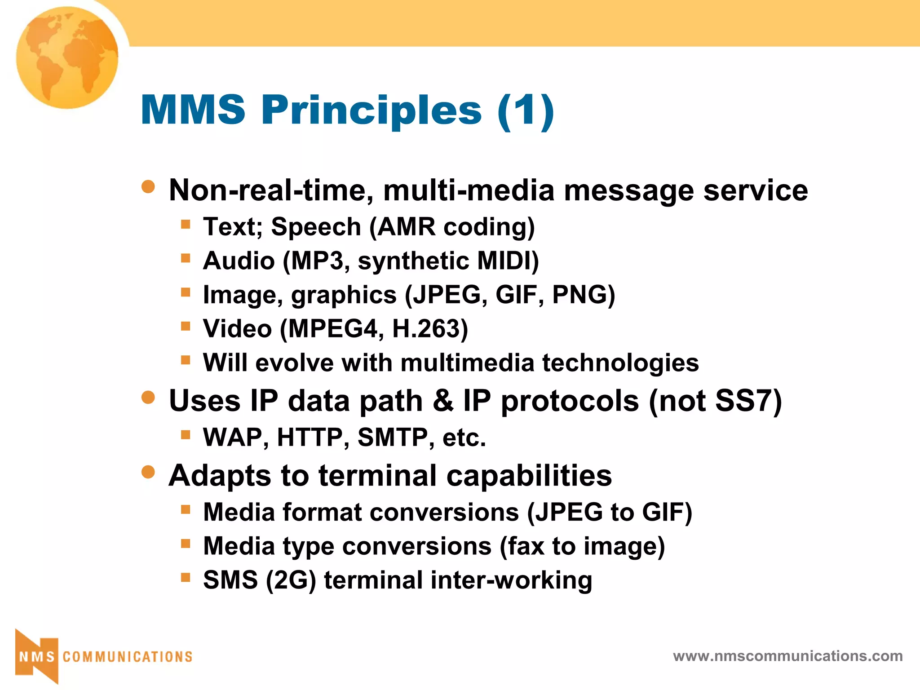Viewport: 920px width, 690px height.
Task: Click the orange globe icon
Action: coord(67,57)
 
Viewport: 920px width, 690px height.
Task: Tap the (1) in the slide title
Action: coord(526,111)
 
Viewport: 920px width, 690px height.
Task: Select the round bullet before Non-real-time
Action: coord(148,186)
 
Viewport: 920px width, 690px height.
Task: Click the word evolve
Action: coord(294,363)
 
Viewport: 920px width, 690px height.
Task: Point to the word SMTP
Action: coord(393,438)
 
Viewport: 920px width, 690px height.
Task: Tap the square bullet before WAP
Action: coord(186,434)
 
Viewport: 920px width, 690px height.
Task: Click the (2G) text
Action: coord(291,580)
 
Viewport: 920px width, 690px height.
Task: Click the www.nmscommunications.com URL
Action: coord(787,656)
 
